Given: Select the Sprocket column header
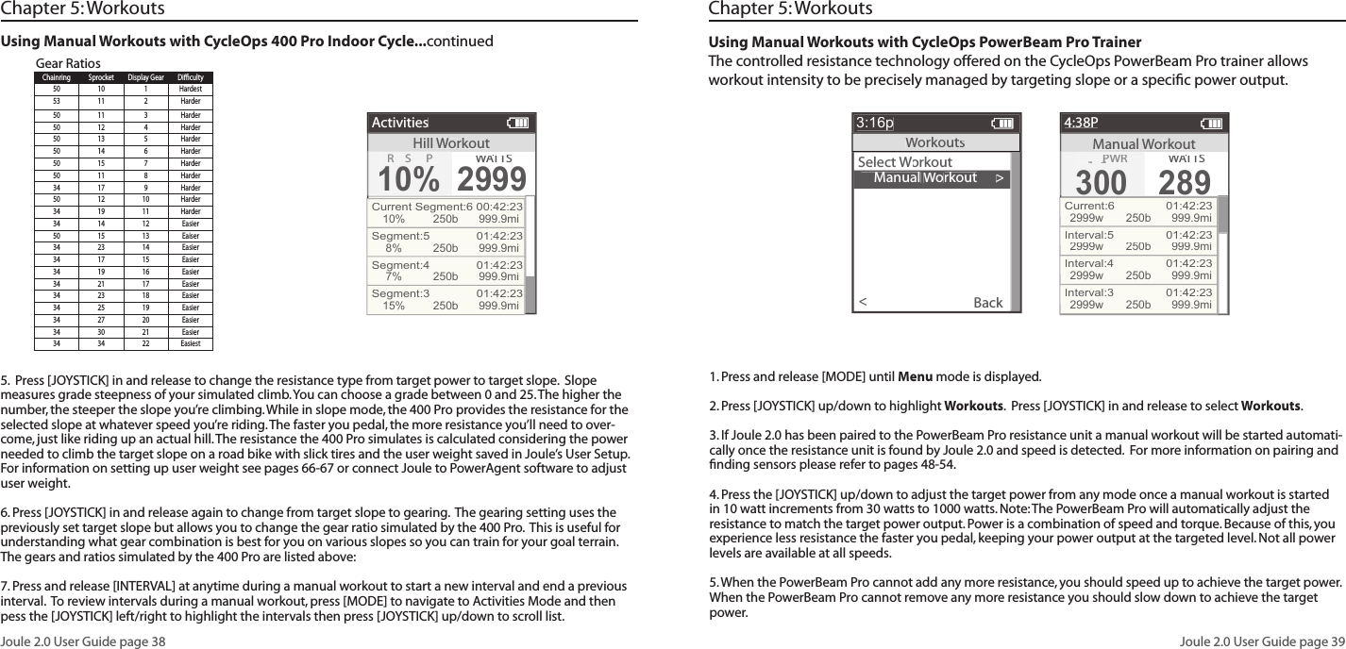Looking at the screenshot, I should tap(101, 77).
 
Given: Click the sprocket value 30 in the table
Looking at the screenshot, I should tap(101, 332).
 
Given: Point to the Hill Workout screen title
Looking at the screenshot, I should tap(451, 142).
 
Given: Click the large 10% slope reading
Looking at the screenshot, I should tap(409, 176).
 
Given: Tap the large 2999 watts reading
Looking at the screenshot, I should tap(491, 176).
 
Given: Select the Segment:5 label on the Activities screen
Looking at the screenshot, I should tap(400, 236).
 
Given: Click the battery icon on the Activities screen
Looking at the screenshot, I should tap(517, 123).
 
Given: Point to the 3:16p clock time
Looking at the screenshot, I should tap(875, 123).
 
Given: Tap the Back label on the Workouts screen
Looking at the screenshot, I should tap(987, 303).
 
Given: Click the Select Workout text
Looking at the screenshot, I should tap(904, 162).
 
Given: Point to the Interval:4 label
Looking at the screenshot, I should tap(1088, 264).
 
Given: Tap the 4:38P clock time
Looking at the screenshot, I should tap(1082, 123).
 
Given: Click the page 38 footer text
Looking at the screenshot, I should tap(83, 641).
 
